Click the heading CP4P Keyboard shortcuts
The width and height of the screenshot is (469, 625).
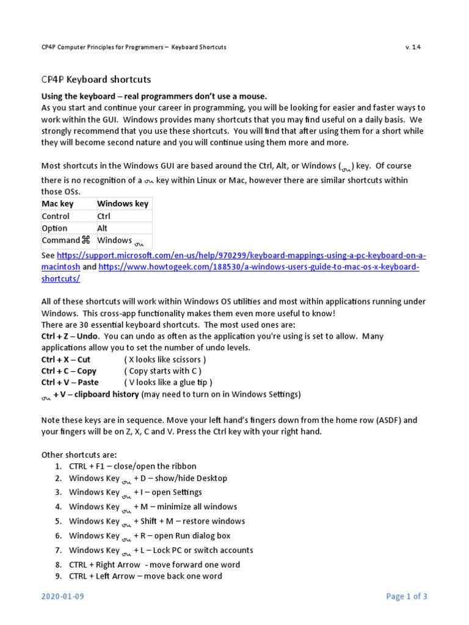pos(96,79)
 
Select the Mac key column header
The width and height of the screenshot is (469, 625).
pos(57,203)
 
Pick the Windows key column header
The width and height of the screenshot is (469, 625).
pos(123,203)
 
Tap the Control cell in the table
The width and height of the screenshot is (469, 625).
pos(56,216)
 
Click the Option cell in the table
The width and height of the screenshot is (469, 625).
pos(54,228)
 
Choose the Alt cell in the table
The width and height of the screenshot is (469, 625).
pos(103,228)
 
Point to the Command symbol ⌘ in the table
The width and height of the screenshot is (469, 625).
pos(86,240)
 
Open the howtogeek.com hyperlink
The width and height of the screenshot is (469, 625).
pos(259,267)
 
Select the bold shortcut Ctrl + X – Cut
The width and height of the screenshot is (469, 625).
pos(66,359)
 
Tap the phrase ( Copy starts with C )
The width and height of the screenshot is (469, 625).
pos(162,371)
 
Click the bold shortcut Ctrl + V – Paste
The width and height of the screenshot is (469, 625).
pos(70,383)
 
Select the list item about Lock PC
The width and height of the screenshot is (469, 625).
pos(161,550)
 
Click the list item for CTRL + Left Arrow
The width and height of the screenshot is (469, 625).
pos(145,576)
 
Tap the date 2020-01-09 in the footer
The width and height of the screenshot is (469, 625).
pos(62,596)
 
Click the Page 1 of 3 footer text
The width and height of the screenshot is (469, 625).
pos(407,596)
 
